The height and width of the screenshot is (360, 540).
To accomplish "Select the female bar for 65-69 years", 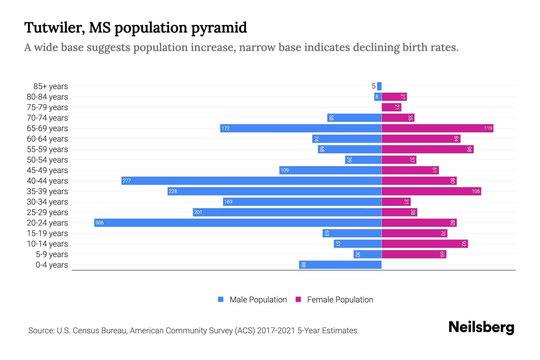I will (x=437, y=128).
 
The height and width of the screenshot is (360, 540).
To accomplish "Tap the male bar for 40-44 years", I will (x=251, y=181).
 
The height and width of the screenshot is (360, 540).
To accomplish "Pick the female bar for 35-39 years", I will (x=431, y=191).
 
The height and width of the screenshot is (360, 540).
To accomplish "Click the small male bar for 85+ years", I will (x=379, y=86).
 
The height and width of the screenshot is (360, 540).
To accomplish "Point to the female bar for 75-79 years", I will (x=391, y=107).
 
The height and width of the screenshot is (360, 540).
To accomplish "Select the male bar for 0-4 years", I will (x=340, y=265).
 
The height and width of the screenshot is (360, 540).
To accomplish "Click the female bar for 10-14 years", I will (x=425, y=244).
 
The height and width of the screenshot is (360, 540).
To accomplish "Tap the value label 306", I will (x=99, y=223).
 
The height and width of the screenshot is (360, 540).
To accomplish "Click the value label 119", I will (x=488, y=128).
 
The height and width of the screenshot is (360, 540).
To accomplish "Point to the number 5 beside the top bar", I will (x=373, y=86).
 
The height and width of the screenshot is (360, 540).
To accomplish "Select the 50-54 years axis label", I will (x=47, y=160).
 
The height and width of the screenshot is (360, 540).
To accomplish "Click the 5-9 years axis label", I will (x=52, y=254).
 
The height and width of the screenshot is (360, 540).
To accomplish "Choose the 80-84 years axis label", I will (x=47, y=97).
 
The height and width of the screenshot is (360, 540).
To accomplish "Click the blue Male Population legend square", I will (x=221, y=299).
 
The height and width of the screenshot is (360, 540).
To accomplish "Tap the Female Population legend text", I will (x=340, y=299).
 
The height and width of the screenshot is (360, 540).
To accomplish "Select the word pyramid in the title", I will (x=219, y=28).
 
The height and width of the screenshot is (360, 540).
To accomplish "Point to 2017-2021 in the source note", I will (x=276, y=331).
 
